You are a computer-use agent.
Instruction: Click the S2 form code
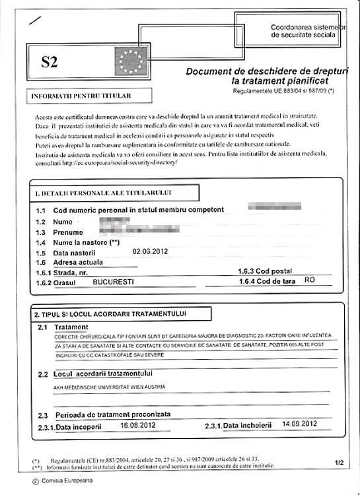tap(50, 63)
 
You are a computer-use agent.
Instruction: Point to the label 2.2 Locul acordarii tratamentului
tap(108, 374)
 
